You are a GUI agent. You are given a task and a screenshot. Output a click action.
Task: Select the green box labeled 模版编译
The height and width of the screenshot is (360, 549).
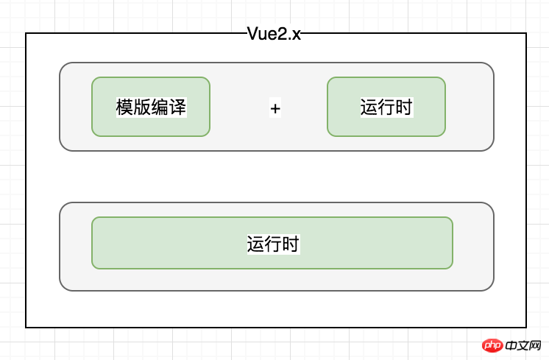151,107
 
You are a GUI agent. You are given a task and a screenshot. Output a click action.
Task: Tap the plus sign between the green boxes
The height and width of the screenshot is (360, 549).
275,108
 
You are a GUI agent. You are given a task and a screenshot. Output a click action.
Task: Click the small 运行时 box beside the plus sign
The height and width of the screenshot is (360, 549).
386,107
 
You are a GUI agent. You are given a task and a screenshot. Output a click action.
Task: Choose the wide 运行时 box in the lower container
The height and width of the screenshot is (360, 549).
272,243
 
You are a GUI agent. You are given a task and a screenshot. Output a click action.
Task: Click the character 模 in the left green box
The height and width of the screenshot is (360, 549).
124,107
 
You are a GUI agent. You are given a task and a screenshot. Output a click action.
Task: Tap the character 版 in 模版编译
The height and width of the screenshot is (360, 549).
142,107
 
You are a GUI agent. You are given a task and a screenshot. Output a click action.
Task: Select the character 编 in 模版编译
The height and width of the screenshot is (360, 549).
160,107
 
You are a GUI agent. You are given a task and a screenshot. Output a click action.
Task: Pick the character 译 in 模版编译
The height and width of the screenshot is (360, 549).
177,107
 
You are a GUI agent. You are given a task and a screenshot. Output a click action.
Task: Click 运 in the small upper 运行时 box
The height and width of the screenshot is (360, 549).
369,107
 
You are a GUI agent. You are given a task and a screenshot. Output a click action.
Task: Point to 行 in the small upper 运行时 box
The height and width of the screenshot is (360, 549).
386,107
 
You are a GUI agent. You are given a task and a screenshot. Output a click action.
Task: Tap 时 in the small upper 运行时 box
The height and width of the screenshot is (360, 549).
403,107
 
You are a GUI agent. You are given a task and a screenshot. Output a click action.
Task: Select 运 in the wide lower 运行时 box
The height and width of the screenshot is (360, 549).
255,244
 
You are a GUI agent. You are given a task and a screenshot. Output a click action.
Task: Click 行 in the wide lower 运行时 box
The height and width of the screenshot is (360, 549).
272,244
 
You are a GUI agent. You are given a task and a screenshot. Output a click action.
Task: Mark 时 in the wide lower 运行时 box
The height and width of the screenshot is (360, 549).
290,244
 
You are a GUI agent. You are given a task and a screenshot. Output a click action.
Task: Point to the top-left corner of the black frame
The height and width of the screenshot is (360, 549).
26,33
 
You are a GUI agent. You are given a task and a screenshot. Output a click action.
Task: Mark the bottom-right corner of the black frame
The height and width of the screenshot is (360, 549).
525,327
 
